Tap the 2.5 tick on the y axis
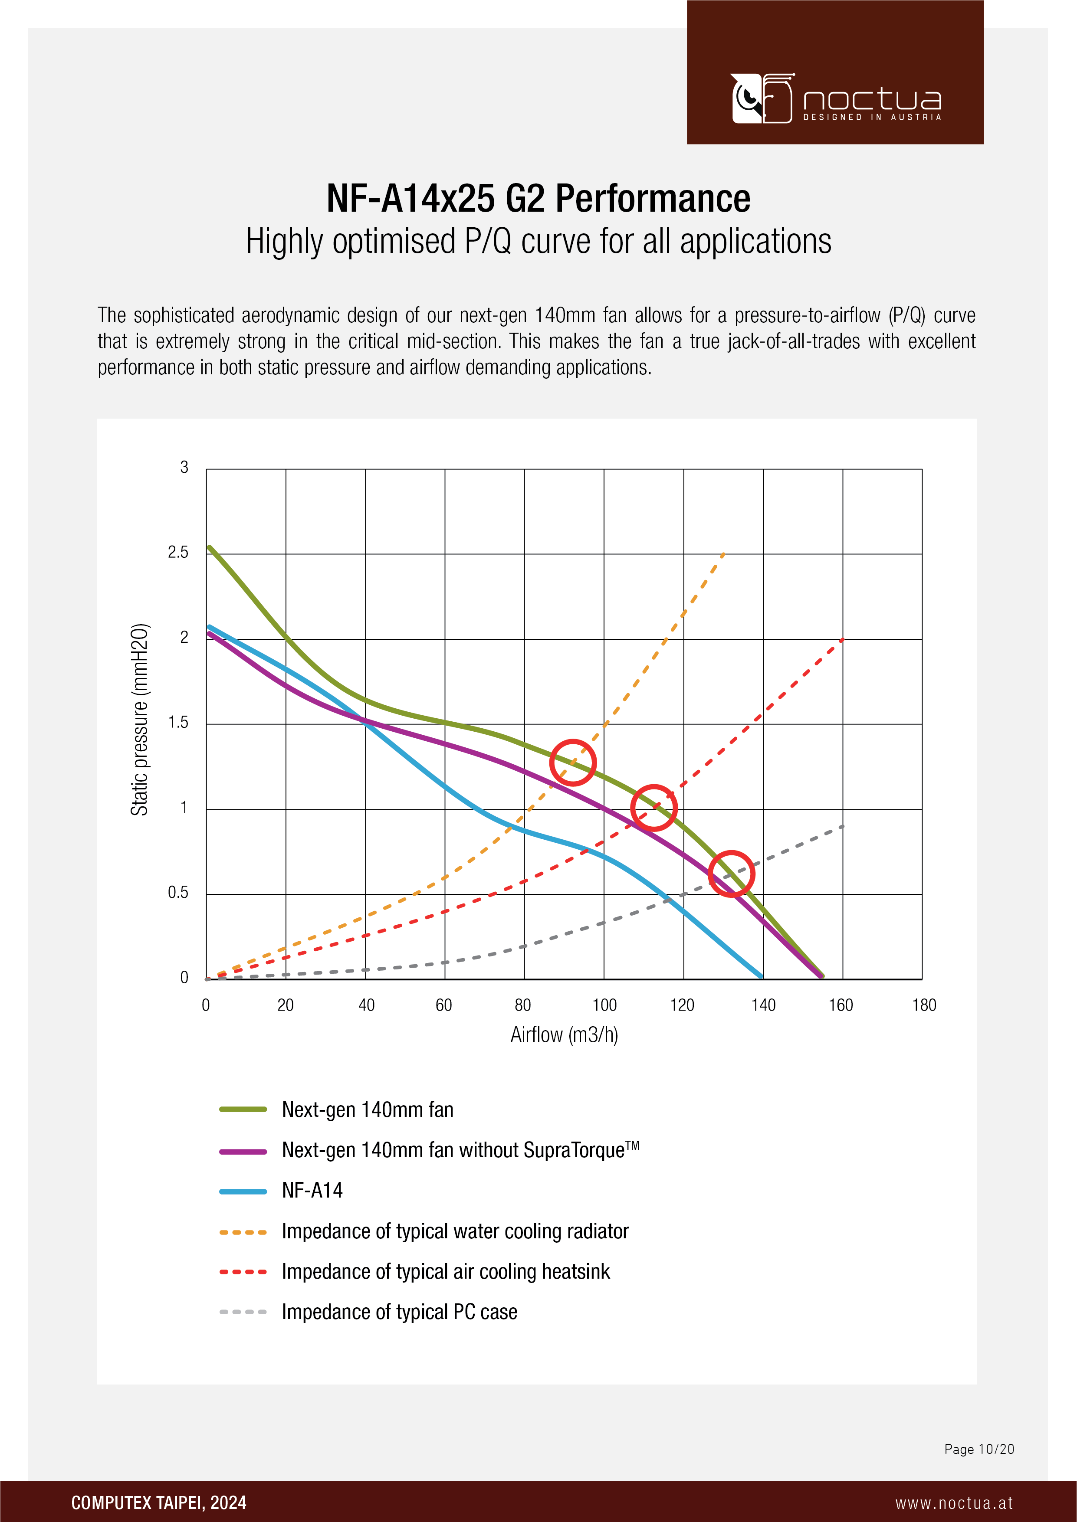pyautogui.click(x=178, y=552)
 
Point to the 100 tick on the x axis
pyautogui.click(x=604, y=1005)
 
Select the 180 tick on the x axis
pyautogui.click(x=924, y=1005)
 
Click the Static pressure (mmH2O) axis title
pyautogui.click(x=139, y=719)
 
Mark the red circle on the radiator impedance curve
pyautogui.click(x=572, y=763)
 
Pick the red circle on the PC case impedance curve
pyautogui.click(x=732, y=874)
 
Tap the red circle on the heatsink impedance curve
pyautogui.click(x=653, y=807)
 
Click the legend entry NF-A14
pyautogui.click(x=312, y=1191)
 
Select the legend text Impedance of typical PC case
pyautogui.click(x=399, y=1312)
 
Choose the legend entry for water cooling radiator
pyautogui.click(x=455, y=1231)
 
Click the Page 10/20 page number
pyautogui.click(x=979, y=1449)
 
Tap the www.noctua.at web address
pyautogui.click(x=954, y=1503)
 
